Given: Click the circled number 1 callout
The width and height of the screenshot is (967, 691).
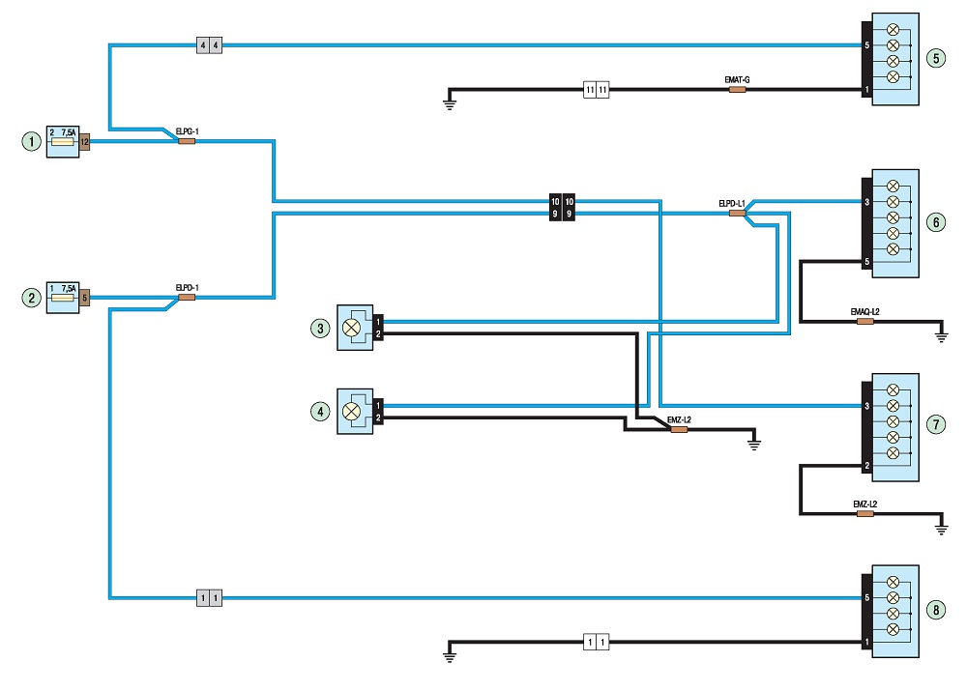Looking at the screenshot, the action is [x=32, y=142].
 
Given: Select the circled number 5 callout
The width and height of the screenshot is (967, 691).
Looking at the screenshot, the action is [x=936, y=59].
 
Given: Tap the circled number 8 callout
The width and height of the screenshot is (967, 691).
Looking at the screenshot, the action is [x=936, y=610].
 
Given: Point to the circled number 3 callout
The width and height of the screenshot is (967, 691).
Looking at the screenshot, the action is [x=320, y=329].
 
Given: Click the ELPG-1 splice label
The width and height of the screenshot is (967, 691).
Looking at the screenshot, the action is [x=187, y=131].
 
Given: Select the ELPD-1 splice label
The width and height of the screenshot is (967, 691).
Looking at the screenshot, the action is [x=187, y=288].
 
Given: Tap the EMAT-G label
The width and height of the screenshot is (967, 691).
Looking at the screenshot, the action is [x=737, y=80].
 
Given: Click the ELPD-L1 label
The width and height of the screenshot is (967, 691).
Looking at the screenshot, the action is [x=731, y=203].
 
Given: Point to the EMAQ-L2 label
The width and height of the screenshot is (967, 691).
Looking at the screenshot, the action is [x=864, y=312].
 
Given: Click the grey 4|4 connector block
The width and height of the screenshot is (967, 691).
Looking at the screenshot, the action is [x=209, y=45].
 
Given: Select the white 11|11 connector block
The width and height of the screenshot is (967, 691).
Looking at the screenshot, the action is [x=597, y=89].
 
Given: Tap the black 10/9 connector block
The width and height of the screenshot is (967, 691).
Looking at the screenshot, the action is [x=562, y=207].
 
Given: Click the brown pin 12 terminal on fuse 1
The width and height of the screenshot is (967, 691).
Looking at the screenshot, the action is [x=84, y=142].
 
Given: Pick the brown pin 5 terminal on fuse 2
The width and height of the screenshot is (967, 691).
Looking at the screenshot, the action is [x=84, y=298].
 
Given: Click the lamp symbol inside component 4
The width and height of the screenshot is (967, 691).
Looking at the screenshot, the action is [x=352, y=411].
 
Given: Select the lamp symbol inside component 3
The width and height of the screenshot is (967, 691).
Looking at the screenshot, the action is [x=352, y=328].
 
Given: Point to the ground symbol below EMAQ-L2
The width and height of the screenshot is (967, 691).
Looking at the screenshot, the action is [x=941, y=336].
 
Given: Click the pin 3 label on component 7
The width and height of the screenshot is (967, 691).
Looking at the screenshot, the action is [x=866, y=406].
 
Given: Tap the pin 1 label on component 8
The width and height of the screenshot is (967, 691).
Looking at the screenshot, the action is [x=866, y=642].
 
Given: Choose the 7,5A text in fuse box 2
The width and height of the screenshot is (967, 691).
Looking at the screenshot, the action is [x=69, y=289].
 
